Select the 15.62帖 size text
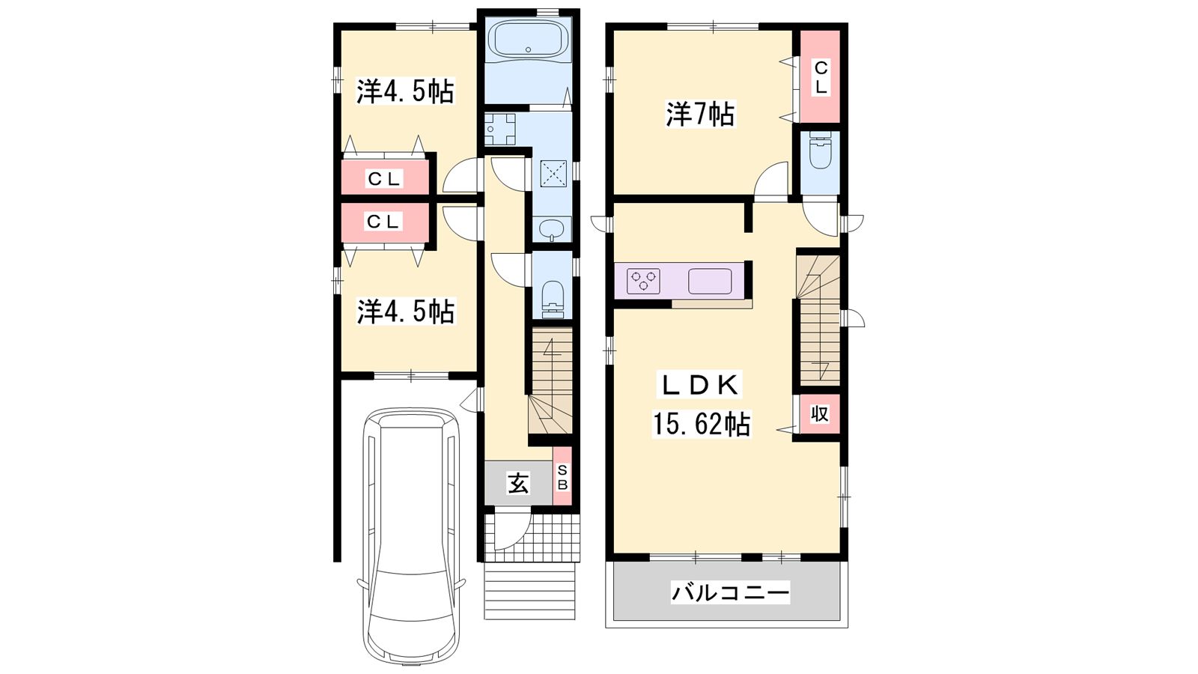[x=701, y=424]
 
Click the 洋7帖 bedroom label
[x=700, y=114]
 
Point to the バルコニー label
[x=731, y=592]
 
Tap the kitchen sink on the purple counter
[x=710, y=282]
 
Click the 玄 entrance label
[x=518, y=484]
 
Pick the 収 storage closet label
[x=819, y=413]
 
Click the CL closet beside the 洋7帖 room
[x=820, y=77]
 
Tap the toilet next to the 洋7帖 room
[x=819, y=151]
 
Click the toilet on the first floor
[x=553, y=300]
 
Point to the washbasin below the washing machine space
[x=551, y=229]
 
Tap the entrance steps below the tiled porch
[x=529, y=591]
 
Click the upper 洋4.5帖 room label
[x=406, y=91]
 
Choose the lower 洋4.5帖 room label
[x=406, y=311]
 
